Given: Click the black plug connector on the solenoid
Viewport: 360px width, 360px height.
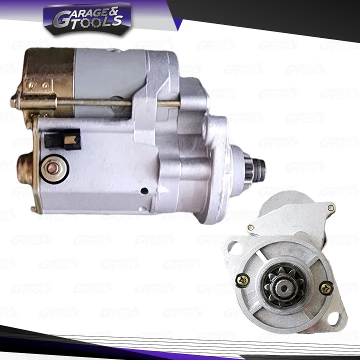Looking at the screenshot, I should [x=61, y=138].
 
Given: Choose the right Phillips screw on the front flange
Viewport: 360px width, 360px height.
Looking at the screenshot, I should [x=326, y=287].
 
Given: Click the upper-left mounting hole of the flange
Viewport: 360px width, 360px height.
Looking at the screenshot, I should [x=231, y=243].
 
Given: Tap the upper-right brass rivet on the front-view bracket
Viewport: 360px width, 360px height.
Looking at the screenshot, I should [x=330, y=207].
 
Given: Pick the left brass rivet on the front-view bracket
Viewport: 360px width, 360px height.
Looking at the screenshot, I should [x=250, y=227].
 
